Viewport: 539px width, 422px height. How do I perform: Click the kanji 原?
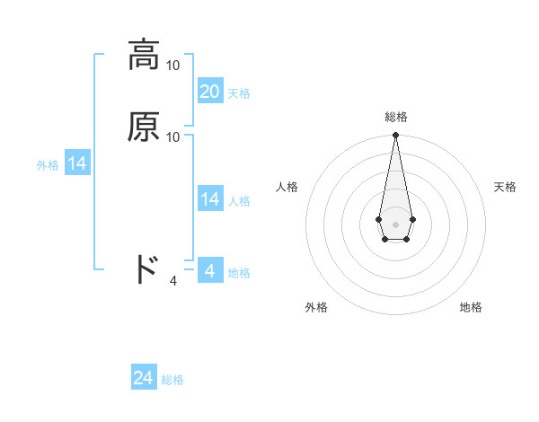(144, 127)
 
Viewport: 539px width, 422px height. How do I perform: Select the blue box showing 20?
(210, 92)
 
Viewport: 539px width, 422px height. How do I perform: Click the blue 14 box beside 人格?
(210, 199)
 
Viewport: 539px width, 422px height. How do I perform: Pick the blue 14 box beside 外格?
(77, 163)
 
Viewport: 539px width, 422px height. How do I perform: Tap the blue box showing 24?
(144, 378)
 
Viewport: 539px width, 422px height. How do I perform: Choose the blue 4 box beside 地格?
(210, 270)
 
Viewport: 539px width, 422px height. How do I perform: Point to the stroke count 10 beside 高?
(173, 65)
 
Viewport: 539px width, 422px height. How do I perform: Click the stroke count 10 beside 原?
(173, 136)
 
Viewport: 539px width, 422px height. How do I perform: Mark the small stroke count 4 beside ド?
(173, 281)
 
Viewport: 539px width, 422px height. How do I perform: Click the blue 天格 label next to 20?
(239, 93)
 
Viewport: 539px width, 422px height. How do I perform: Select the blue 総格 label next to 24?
(172, 380)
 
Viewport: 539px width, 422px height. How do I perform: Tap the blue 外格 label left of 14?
(48, 165)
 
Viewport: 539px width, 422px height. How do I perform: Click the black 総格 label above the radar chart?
(395, 117)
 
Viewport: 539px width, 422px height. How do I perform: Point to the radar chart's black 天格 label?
(506, 187)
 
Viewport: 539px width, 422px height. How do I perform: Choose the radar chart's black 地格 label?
(471, 307)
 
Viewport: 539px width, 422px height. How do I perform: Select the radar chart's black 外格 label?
(316, 307)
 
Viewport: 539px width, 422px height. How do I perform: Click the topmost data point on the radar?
(395, 136)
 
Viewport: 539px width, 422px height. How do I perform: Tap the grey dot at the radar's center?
(395, 223)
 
